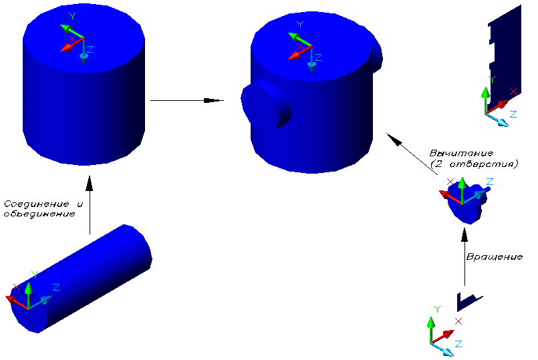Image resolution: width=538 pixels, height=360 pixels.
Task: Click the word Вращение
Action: [494, 257]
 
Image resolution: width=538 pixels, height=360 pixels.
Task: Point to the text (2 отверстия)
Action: [474, 164]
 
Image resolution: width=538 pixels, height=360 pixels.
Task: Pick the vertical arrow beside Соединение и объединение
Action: [89, 204]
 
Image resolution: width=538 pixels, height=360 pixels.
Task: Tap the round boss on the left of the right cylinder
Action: [264, 106]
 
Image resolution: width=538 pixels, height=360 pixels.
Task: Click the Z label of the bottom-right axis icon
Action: [458, 343]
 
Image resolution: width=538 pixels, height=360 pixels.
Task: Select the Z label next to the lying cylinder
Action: [56, 287]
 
